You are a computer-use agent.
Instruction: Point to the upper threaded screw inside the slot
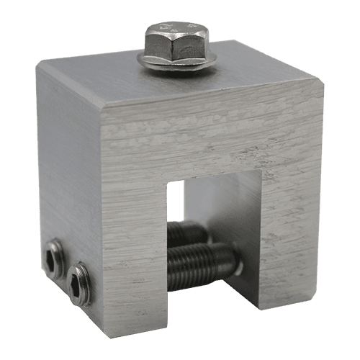(189, 235)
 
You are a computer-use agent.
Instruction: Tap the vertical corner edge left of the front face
(108, 216)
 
